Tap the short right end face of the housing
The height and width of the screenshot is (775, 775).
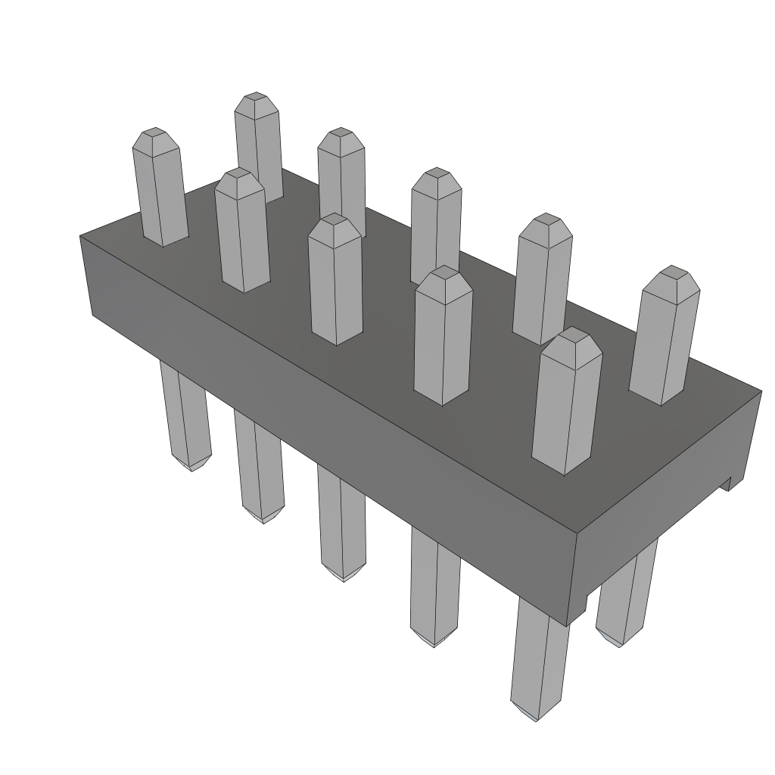tap(666, 484)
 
